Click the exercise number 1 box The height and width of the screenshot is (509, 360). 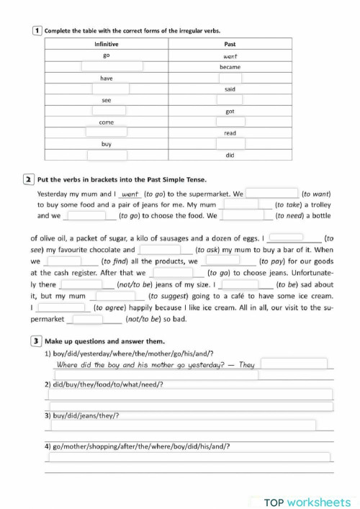coord(37,31)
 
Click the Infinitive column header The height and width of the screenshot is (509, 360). coord(107,44)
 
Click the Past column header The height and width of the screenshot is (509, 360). coord(230,44)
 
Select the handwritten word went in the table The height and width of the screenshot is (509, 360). coord(230,55)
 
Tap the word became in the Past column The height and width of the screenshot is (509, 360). coord(230,66)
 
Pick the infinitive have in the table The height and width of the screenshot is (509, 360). coord(107,78)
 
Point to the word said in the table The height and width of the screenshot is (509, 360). coord(230,89)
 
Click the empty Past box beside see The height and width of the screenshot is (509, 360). coord(230,100)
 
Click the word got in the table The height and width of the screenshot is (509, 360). coord(230,112)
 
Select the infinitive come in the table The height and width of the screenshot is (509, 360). coord(107,122)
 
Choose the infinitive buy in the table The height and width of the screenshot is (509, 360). coord(107,144)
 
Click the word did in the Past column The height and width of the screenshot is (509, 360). coord(230,156)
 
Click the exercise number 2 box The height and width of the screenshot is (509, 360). coord(27,179)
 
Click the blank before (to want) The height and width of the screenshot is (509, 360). coord(272,194)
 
